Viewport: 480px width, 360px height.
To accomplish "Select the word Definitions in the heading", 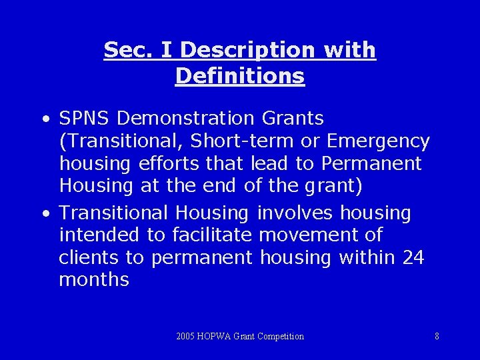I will pyautogui.click(x=240, y=76).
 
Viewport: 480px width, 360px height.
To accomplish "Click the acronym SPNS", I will pyautogui.click(x=85, y=119).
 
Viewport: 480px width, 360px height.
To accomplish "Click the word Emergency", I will pyautogui.click(x=379, y=141).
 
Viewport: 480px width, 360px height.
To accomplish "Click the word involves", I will pyautogui.click(x=295, y=213).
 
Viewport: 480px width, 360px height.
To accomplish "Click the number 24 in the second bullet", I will pyautogui.click(x=413, y=257).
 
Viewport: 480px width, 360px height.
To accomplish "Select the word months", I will pyautogui.click(x=94, y=279).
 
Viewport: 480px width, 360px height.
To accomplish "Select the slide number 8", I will pyautogui.click(x=437, y=336).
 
